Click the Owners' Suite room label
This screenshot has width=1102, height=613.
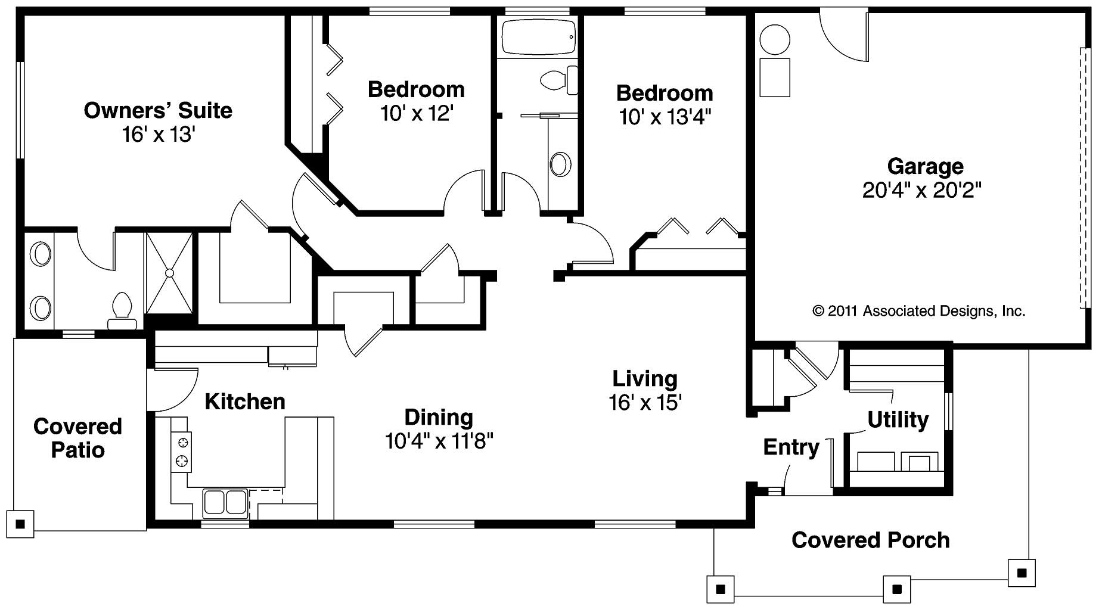[x=158, y=111]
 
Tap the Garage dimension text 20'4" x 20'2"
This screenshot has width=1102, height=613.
[x=921, y=191]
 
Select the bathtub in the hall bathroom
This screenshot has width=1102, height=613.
[x=538, y=37]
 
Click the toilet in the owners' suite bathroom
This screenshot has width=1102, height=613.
[x=122, y=310]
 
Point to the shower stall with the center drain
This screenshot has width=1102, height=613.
[x=169, y=273]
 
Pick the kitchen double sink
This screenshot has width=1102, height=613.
[x=225, y=502]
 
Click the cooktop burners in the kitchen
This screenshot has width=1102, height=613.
[x=182, y=451]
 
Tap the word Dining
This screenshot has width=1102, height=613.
[x=439, y=417]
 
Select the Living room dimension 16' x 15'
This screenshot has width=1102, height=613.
[x=645, y=403]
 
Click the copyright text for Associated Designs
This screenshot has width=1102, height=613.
[x=918, y=311]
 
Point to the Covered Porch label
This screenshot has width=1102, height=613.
[x=870, y=540]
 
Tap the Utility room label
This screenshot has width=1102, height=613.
[x=898, y=420]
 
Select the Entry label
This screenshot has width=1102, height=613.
[x=791, y=447]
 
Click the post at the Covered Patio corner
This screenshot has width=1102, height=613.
[x=20, y=524]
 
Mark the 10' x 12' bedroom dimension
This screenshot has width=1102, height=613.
[x=417, y=113]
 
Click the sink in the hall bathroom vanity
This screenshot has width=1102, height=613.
[x=560, y=164]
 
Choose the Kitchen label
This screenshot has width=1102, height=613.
[x=245, y=402]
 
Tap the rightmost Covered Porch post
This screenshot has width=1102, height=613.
[x=1022, y=573]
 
